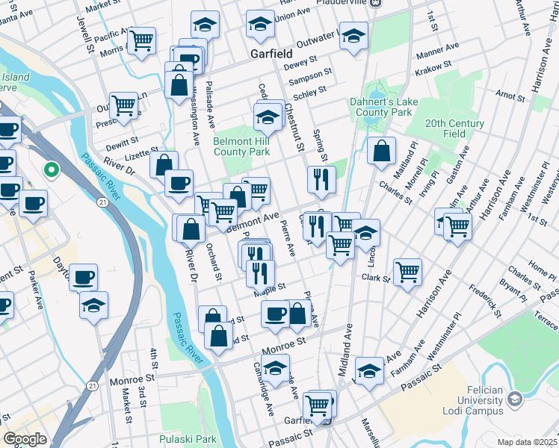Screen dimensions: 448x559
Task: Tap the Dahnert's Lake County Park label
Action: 381,107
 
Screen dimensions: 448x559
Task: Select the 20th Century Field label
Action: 455,128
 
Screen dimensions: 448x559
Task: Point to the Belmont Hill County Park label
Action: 241,146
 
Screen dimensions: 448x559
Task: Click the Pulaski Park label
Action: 188,439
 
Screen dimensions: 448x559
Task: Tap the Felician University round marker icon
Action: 513,398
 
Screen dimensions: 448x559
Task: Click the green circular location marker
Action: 51,170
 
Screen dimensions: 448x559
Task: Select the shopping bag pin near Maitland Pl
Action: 381,150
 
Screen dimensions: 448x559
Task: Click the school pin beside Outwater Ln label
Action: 353,35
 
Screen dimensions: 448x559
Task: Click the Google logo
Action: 25,440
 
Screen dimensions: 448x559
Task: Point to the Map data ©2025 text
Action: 527,442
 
